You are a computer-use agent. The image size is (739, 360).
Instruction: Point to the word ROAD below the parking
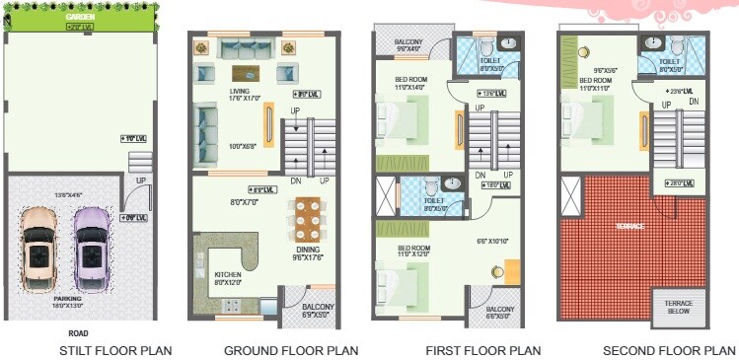78,333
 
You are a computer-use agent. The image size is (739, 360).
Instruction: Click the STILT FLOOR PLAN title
115,350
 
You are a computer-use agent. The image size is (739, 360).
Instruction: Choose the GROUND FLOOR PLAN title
290,350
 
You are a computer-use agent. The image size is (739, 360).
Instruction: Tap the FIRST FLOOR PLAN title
482,350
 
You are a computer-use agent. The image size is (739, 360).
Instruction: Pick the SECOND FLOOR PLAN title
670,350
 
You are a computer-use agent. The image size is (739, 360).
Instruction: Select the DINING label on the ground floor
308,251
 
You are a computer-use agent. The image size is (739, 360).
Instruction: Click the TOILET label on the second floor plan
670,61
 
